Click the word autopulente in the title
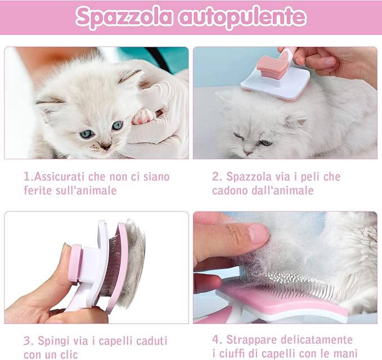coord(242,17)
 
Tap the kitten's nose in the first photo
coord(105,145)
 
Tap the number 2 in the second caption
coord(215,177)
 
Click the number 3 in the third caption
coord(27,340)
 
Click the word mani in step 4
coord(346,353)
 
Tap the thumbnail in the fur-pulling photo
coord(258,233)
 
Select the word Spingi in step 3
coord(53,340)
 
